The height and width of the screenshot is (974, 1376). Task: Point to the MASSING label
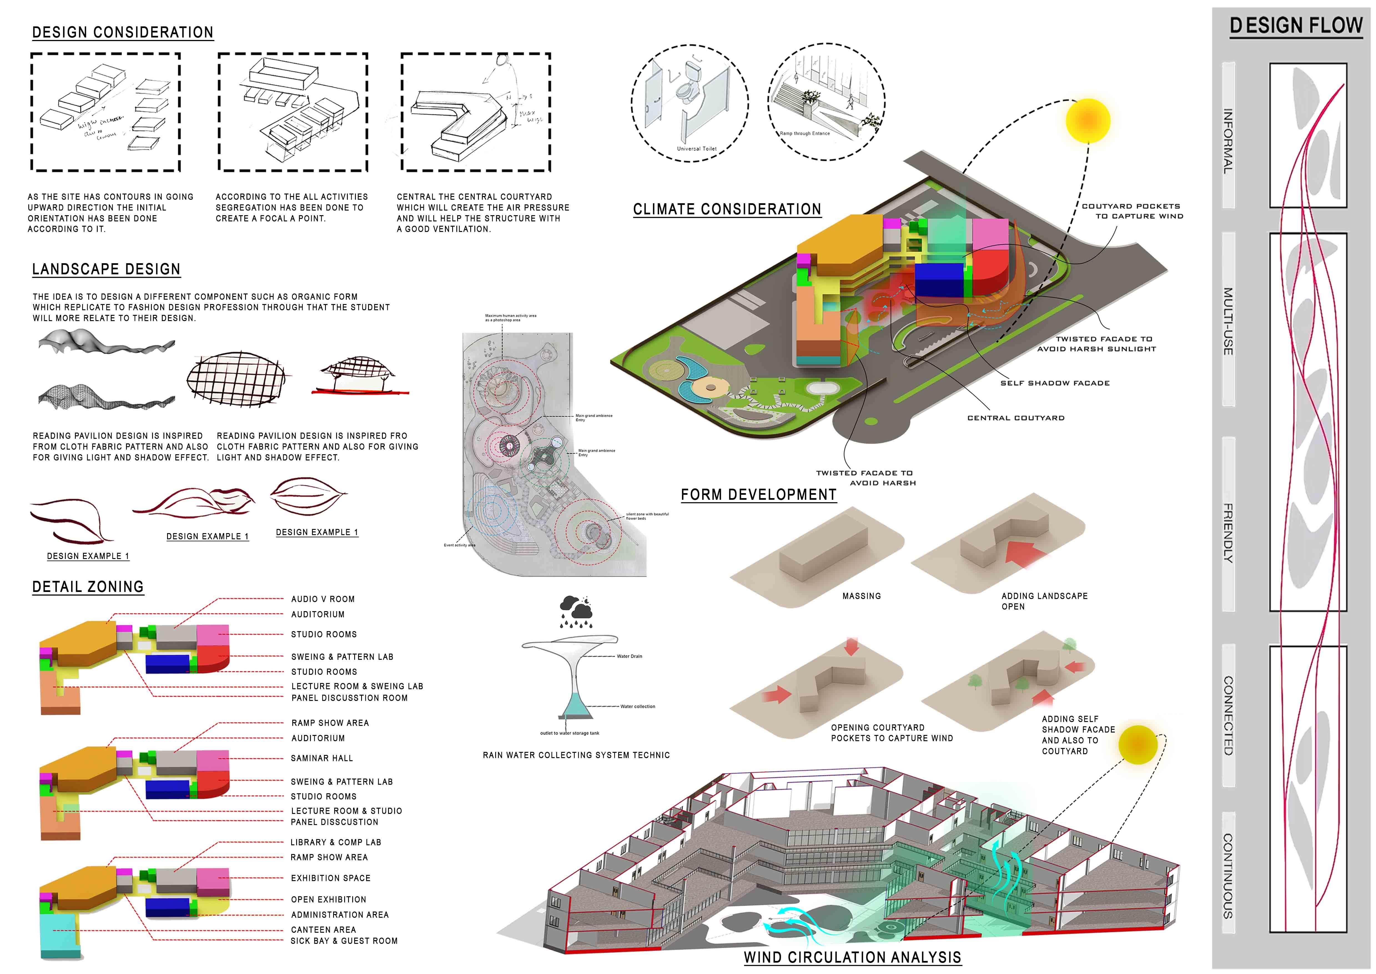(862, 596)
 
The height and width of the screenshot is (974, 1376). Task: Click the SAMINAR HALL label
(322, 758)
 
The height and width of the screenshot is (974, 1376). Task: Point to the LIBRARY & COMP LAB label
(336, 843)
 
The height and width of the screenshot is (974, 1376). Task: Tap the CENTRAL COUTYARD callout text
(1016, 418)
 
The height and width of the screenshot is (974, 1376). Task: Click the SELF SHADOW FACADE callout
(1055, 383)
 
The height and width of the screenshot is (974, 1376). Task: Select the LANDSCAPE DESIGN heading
(106, 269)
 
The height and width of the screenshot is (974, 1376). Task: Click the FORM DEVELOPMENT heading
(758, 495)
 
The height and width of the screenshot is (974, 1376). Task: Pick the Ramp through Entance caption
(805, 134)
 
